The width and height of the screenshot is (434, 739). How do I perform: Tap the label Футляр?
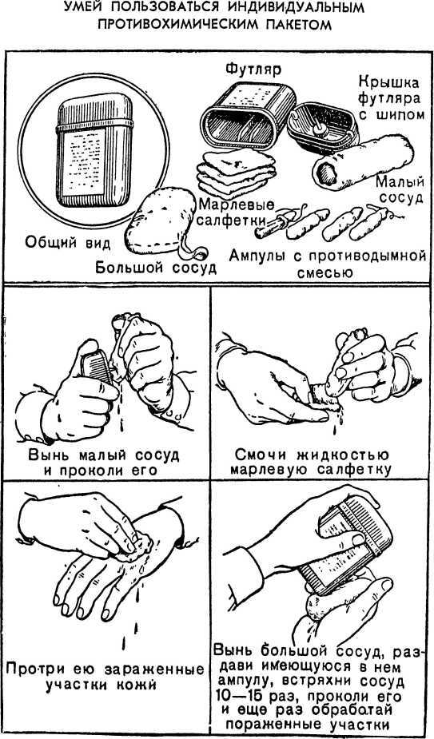coord(253,70)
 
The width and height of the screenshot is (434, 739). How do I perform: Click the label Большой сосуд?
coord(156,267)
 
